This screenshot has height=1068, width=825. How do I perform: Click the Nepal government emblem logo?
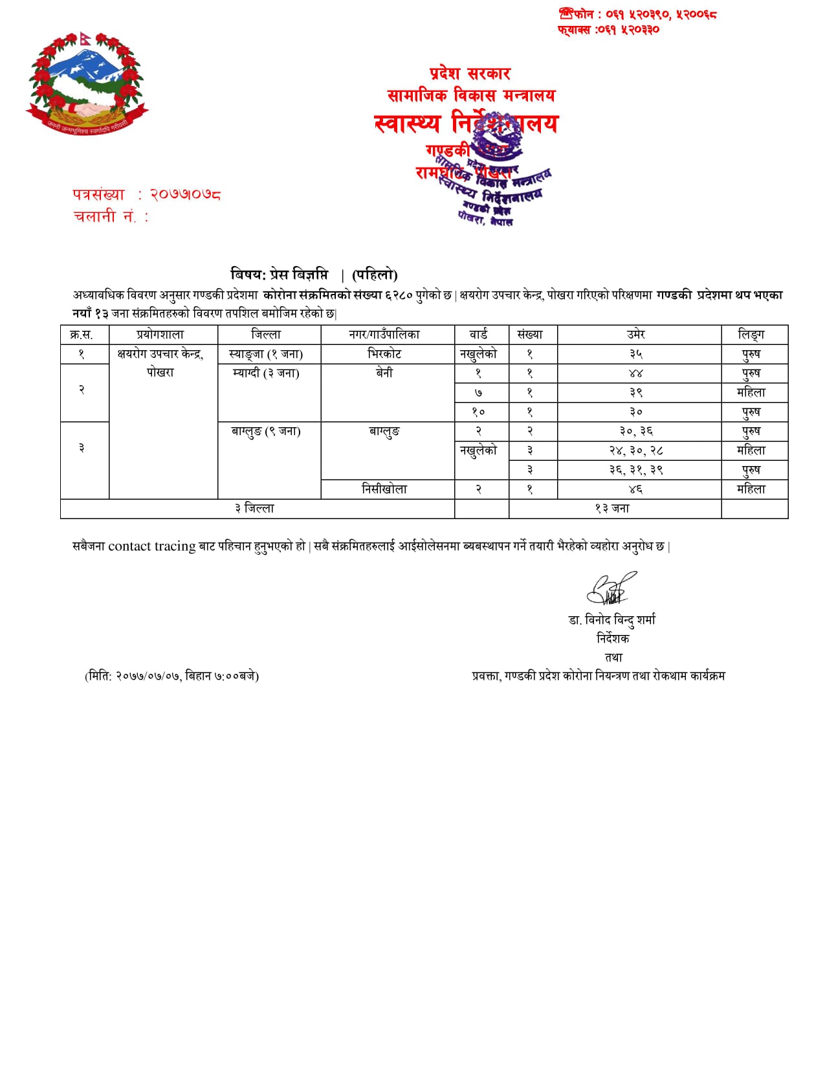[87, 83]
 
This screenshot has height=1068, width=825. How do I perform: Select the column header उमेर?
[636, 335]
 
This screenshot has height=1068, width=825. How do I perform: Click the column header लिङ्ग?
[751, 335]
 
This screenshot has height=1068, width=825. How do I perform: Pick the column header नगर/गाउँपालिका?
[384, 335]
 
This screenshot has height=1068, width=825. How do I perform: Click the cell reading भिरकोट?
[384, 354]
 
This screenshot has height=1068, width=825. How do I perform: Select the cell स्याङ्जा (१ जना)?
[266, 354]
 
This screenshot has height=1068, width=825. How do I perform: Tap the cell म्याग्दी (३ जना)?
[266, 373]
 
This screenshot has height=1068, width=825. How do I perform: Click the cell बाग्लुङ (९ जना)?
[266, 431]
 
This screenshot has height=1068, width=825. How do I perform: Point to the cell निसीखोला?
[384, 489]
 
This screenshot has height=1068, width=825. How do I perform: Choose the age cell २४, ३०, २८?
[636, 451]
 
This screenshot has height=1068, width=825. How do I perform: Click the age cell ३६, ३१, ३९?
[636, 470]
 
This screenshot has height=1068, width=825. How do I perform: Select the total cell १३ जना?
[612, 509]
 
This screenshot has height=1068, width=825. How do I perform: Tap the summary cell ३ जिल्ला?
[255, 509]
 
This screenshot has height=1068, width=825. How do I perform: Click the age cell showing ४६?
[636, 489]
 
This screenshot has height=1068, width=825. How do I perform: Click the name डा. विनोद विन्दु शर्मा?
[612, 620]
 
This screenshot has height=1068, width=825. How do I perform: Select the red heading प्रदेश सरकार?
[470, 74]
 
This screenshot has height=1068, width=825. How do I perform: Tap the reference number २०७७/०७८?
[186, 194]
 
